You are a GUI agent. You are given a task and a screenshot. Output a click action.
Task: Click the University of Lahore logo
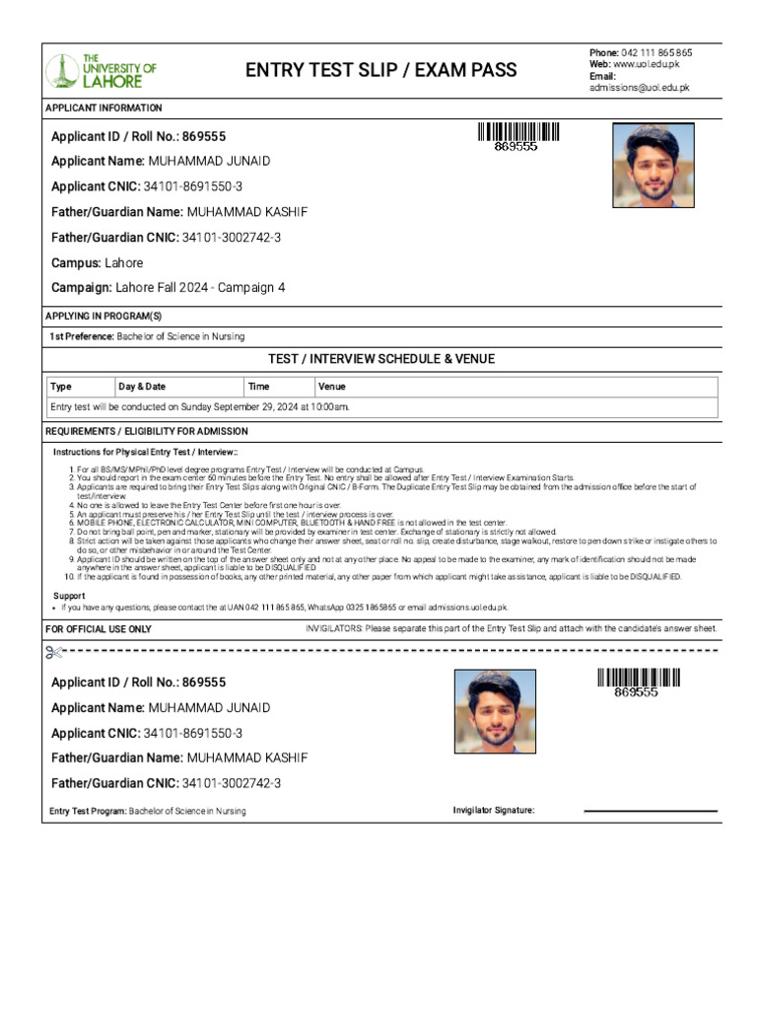point(102,70)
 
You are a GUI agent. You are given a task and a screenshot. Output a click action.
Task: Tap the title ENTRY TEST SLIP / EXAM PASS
point(380,70)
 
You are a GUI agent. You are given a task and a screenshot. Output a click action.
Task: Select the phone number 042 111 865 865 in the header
point(655,52)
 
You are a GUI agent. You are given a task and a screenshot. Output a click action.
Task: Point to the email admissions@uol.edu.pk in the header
point(639,88)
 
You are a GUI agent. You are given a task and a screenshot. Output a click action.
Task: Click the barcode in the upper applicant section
point(518,132)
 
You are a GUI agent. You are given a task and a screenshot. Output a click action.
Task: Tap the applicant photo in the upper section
point(653,165)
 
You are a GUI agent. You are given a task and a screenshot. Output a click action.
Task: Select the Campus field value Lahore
point(124,263)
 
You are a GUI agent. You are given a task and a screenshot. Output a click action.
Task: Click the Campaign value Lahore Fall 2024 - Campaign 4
point(200,288)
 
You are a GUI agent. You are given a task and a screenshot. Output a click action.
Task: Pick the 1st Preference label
point(82,337)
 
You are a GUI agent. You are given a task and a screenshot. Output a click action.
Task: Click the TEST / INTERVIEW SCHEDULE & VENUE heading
point(381,359)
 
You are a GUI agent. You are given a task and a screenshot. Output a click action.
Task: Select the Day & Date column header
point(142,388)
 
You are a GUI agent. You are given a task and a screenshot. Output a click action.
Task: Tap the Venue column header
point(332,388)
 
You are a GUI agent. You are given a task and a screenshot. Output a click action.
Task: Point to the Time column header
point(258,388)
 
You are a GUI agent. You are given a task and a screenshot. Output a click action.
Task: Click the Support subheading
point(68,596)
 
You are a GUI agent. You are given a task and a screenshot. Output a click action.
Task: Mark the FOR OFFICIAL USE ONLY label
point(99,629)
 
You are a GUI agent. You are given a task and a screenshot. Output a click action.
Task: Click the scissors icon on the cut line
point(54,652)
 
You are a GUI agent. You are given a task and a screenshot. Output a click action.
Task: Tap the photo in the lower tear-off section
point(495,711)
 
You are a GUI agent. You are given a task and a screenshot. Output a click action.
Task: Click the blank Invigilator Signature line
point(651,811)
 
